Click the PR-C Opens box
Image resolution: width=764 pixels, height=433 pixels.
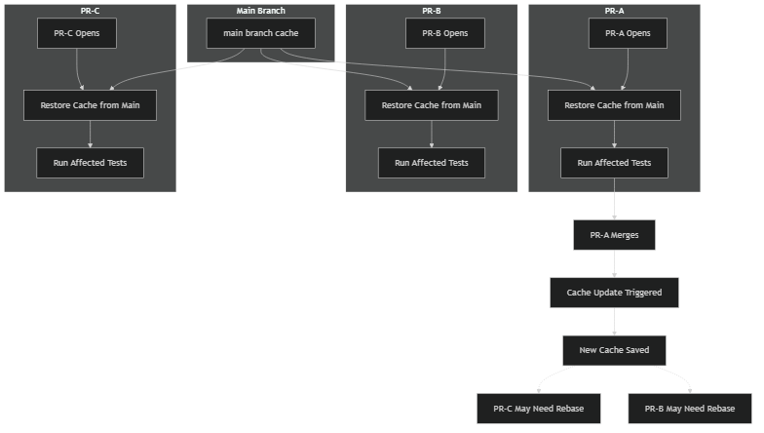click(76, 33)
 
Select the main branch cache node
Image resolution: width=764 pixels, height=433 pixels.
click(260, 33)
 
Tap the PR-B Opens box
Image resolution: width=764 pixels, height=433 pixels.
click(444, 33)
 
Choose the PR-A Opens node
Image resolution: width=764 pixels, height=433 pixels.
click(628, 33)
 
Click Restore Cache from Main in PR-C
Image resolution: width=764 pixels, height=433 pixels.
click(90, 105)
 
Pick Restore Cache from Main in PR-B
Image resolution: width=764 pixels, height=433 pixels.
click(431, 105)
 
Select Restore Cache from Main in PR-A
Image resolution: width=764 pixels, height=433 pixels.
click(614, 105)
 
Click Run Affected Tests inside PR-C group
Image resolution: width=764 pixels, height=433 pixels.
click(90, 163)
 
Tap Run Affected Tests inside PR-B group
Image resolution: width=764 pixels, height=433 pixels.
click(431, 163)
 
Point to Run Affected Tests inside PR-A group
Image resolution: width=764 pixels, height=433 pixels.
click(614, 163)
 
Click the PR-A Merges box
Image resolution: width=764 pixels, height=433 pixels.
click(614, 235)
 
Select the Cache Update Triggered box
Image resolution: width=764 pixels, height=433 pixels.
click(614, 293)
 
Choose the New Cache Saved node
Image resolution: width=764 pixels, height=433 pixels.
click(614, 350)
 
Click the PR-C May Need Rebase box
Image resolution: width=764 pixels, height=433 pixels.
click(538, 409)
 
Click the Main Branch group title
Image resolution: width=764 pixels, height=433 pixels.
click(260, 11)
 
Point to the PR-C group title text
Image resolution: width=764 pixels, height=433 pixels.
click(90, 11)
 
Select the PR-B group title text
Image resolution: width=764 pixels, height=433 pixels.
click(431, 11)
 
